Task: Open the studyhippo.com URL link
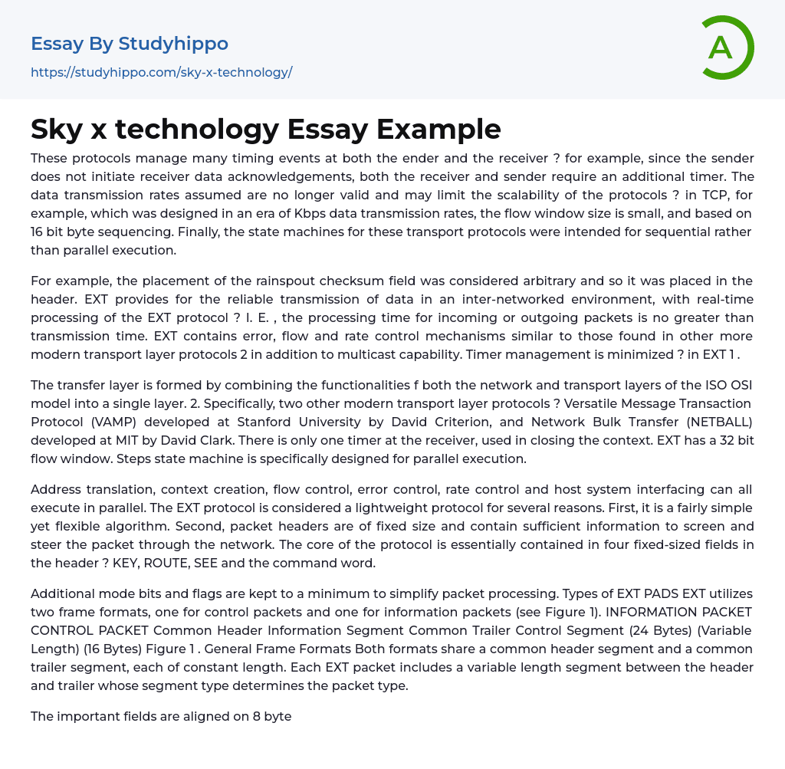[161, 72]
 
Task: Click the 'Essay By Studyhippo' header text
[129, 44]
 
